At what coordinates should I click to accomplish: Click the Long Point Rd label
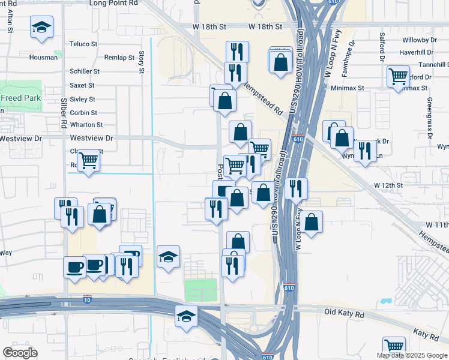(x=113, y=3)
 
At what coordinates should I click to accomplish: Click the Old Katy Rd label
(x=344, y=313)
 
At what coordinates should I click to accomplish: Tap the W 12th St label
(x=388, y=185)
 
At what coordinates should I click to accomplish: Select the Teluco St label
(x=83, y=44)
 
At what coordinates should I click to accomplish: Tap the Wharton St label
(x=86, y=125)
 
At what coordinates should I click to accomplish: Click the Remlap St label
(x=119, y=58)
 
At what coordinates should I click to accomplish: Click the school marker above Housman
(x=41, y=28)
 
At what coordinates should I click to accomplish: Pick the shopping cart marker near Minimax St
(x=398, y=77)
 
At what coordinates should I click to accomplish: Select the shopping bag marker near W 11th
(x=312, y=222)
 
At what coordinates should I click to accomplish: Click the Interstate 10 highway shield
(x=88, y=298)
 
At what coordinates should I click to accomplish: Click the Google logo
(x=20, y=353)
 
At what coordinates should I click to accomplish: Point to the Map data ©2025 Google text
(x=412, y=355)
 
